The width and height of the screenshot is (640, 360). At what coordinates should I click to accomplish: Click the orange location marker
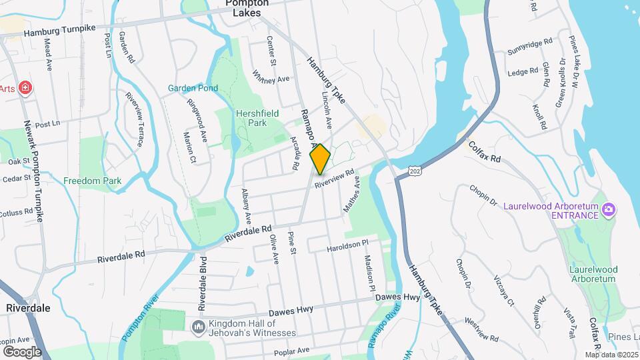[321, 159]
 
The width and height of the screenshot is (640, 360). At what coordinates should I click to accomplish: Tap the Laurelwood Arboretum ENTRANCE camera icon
[608, 210]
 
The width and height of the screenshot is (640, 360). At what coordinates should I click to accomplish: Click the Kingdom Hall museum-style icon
[198, 327]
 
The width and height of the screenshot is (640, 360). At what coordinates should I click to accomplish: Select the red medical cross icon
[25, 88]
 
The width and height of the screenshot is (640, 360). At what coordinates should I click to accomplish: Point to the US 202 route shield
[415, 171]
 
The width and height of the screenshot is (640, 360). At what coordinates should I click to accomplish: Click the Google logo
[22, 351]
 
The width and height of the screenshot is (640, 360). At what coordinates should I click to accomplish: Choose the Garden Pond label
[193, 88]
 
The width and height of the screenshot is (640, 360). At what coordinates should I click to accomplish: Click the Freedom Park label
[93, 181]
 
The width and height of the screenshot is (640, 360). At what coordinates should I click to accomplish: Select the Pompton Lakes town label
[247, 7]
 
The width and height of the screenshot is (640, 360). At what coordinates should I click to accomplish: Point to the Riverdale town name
[28, 308]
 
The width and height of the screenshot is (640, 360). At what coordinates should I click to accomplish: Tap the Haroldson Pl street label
[347, 247]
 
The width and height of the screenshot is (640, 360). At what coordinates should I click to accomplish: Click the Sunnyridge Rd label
[530, 46]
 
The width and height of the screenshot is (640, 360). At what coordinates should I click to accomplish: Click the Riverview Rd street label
[334, 177]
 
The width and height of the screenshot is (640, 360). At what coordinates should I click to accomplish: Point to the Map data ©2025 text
[613, 355]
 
